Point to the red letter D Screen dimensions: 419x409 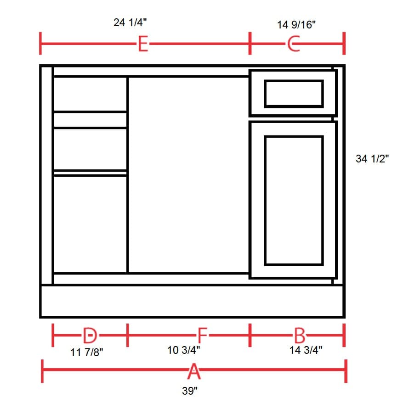90,336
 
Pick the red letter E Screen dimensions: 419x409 142,45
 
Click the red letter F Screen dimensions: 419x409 203,336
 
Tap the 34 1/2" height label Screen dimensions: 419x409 372,159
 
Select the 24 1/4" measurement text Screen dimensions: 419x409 131,22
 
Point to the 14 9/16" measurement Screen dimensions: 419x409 296,25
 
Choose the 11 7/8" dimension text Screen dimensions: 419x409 86,352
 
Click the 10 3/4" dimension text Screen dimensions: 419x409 183,350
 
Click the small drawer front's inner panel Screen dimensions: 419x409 294,94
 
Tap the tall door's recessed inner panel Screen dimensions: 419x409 294,200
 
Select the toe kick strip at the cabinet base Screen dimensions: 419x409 192,301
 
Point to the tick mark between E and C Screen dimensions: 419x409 250,45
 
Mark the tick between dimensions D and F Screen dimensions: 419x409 127,336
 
